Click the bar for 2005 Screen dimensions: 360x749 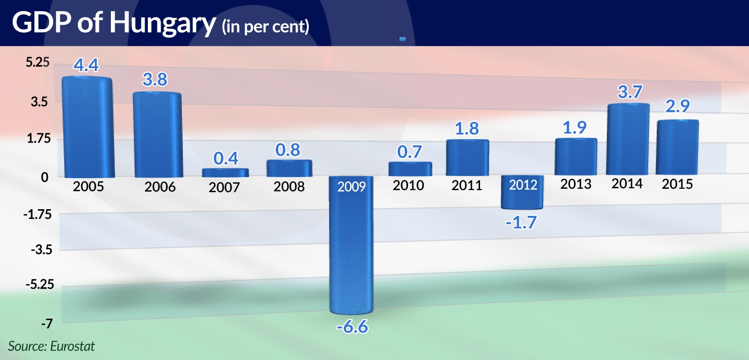pos(88,127)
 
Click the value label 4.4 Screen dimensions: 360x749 pos(87,65)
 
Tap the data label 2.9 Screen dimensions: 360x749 pos(678,107)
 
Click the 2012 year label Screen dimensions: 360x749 pos(523,185)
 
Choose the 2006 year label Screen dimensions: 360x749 pos(160,187)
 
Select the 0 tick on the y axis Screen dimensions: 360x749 pos(45,178)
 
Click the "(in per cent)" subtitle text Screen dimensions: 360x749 pos(265,26)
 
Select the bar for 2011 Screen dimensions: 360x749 pos(467,158)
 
